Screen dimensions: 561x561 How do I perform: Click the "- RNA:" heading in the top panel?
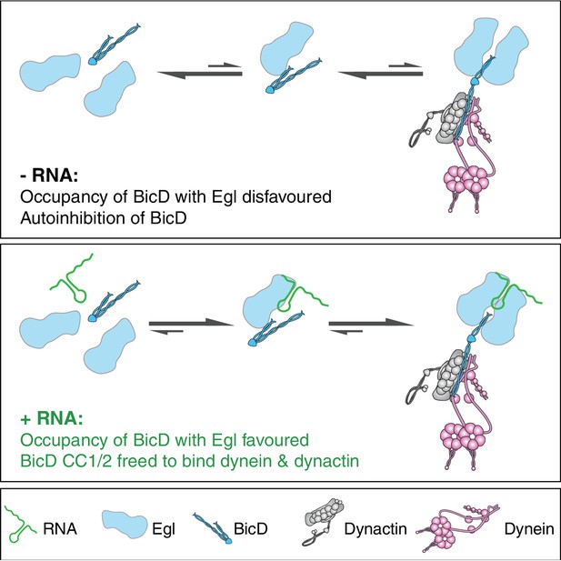[x=49, y=175]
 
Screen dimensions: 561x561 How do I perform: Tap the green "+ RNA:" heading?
[x=52, y=418]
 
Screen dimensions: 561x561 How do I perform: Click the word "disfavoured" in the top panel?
[x=287, y=196]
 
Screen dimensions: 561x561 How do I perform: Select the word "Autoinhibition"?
[x=72, y=217]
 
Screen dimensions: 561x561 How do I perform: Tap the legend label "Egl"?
[x=164, y=529]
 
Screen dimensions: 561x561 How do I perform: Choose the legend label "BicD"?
[x=250, y=528]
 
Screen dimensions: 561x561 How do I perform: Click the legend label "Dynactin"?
[x=376, y=528]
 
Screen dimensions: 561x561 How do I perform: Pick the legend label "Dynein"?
[x=529, y=528]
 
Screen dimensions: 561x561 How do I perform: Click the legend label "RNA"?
[x=60, y=528]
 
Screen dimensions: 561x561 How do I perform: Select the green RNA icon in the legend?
[x=22, y=524]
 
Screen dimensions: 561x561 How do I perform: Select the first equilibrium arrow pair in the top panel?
[x=200, y=71]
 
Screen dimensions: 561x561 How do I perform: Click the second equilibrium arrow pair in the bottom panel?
[x=371, y=326]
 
